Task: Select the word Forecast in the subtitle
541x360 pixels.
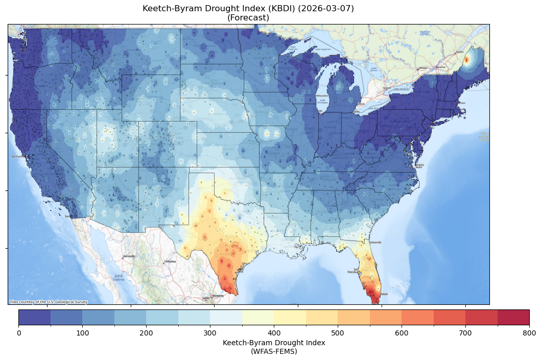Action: tap(248, 18)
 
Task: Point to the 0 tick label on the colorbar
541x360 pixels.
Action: tap(19, 333)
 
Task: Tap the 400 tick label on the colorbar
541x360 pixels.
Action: tap(274, 333)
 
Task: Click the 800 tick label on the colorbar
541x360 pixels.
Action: tap(529, 333)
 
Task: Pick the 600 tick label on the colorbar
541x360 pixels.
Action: tap(402, 333)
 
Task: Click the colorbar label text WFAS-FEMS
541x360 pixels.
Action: tap(274, 351)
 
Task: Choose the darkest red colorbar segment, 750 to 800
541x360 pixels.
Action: tap(513, 317)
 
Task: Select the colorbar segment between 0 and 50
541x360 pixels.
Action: tap(35, 317)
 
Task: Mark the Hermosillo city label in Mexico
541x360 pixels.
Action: tap(129, 256)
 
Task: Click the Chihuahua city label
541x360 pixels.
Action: tap(170, 261)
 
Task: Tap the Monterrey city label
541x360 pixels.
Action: tap(219, 296)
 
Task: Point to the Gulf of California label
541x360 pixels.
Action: tap(118, 279)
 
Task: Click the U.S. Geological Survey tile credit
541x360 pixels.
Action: tap(49, 302)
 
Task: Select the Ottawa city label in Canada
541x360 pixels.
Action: tap(422, 68)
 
